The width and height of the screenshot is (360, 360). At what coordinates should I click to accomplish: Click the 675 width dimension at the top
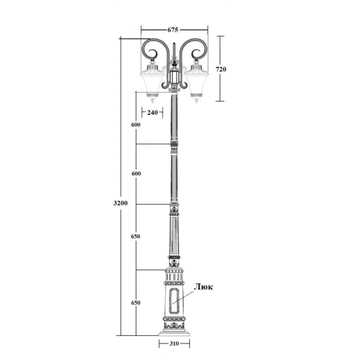(173, 30)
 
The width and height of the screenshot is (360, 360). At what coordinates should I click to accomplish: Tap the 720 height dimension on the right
(221, 69)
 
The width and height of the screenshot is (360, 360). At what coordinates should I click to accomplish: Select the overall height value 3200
(121, 203)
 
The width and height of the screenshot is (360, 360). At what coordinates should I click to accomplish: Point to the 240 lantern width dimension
(153, 112)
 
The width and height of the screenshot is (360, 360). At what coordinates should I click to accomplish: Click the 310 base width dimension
(174, 343)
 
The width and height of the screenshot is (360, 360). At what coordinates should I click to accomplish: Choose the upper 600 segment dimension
(136, 125)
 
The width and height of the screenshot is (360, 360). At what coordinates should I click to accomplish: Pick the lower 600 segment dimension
(136, 174)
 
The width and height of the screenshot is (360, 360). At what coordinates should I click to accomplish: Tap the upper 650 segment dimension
(135, 236)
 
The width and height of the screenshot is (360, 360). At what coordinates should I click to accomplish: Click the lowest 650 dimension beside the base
(136, 303)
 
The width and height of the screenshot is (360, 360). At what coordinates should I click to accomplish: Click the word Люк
(204, 287)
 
